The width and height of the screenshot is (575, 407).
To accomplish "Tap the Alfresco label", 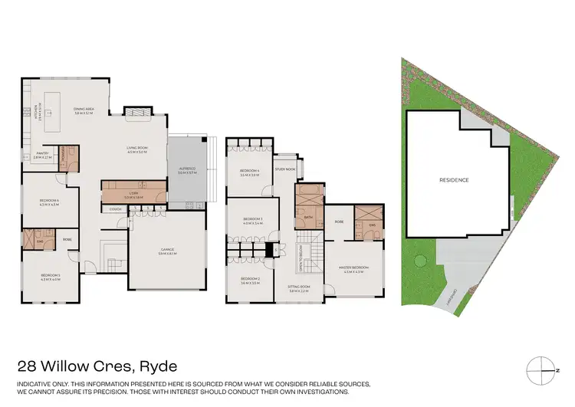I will tap(187, 170).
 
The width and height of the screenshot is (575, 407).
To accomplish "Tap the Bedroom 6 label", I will tap(48, 202).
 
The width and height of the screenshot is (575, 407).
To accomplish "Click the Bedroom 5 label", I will tap(50, 276).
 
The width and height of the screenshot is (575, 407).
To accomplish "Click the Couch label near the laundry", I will tap(117, 208).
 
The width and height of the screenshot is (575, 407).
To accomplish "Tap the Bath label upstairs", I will tap(308, 217).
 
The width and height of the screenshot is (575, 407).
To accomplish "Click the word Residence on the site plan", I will tap(454, 180).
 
